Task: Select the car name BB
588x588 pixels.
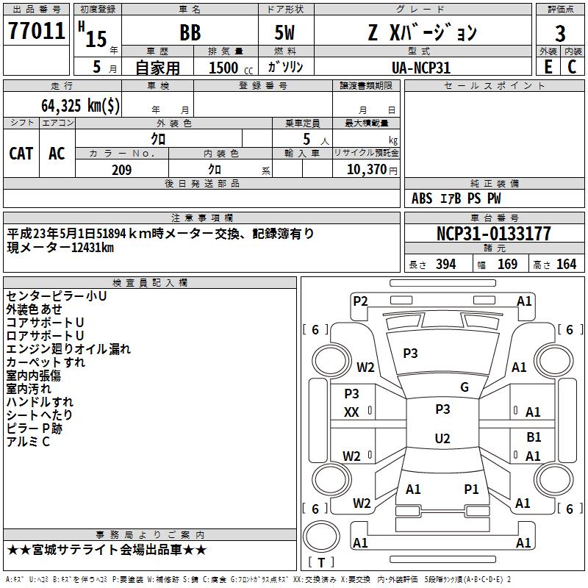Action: point(190,33)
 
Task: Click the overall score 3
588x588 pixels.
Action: point(560,33)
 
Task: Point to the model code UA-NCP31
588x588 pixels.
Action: point(421,68)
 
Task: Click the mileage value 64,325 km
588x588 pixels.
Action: point(81,105)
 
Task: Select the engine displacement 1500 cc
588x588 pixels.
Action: point(224,68)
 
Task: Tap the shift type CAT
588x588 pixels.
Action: point(21,153)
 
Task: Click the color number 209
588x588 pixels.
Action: point(121,170)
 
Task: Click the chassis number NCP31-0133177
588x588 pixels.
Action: point(493,234)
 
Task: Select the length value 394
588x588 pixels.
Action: point(445,265)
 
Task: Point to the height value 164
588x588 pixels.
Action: point(566,265)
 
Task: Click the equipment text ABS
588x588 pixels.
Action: point(422,198)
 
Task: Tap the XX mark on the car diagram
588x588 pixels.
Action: point(351,412)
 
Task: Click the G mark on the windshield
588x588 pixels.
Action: point(465,387)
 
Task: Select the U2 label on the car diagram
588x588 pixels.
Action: point(442,439)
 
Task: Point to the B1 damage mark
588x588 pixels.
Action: point(534,437)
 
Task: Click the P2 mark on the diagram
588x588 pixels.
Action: point(360,301)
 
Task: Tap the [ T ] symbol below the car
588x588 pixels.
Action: point(320,562)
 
